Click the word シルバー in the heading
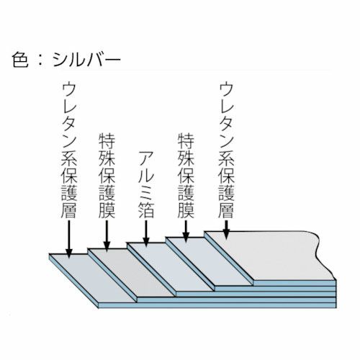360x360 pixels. [x=86, y=60]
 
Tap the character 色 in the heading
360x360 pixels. [x=20, y=60]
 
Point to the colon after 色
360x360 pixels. [x=40, y=60]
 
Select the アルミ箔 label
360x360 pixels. [x=146, y=184]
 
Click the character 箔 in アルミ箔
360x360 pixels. [x=146, y=210]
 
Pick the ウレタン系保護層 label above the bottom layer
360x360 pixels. [x=68, y=150]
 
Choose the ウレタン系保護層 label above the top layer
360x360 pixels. [x=226, y=150]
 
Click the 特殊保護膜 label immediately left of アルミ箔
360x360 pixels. [x=107, y=176]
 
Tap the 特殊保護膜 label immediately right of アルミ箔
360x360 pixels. [x=186, y=176]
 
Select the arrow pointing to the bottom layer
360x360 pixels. [x=69, y=239]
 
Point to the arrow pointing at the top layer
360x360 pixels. [x=226, y=230]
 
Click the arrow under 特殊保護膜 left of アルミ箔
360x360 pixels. [x=107, y=236]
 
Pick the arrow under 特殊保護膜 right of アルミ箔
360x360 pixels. [x=186, y=231]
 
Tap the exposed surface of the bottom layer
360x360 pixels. [x=92, y=279]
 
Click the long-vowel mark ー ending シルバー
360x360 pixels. [x=112, y=60]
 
